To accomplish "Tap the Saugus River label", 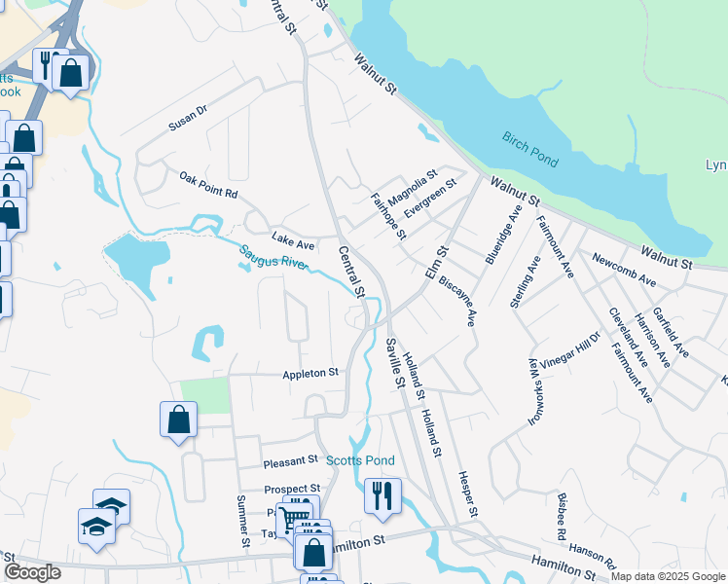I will pos(273,258).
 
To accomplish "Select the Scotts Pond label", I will pos(360,460).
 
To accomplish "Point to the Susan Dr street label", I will pos(188,118).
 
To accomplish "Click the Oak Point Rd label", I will pos(208,185).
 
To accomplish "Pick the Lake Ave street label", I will pos(292,239).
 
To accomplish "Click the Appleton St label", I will pos(309,373).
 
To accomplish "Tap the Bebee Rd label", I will pos(562,516).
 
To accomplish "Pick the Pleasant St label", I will pos(290,458).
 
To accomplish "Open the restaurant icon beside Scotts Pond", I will pos(382,495).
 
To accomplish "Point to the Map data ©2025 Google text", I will pos(667,576).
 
